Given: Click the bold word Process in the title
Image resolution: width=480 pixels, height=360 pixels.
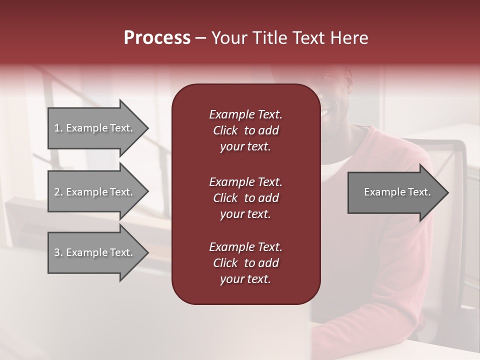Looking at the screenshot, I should click(157, 38).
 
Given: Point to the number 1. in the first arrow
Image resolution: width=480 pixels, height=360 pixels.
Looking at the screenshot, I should click(58, 128).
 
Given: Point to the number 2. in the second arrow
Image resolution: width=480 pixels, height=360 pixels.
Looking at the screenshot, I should click(58, 192).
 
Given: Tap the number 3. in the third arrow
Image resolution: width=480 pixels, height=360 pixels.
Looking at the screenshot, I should click(58, 252).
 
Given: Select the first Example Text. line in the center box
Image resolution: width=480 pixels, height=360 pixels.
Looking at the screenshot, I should click(245, 114).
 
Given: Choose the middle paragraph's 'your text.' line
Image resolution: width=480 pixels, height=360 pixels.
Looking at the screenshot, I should click(245, 214).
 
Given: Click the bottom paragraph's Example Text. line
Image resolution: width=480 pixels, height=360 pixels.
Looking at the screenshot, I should click(245, 247).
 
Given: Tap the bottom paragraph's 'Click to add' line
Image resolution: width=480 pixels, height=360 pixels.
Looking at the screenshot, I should click(245, 263).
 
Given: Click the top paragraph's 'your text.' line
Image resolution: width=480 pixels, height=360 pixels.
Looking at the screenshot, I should click(245, 147).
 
